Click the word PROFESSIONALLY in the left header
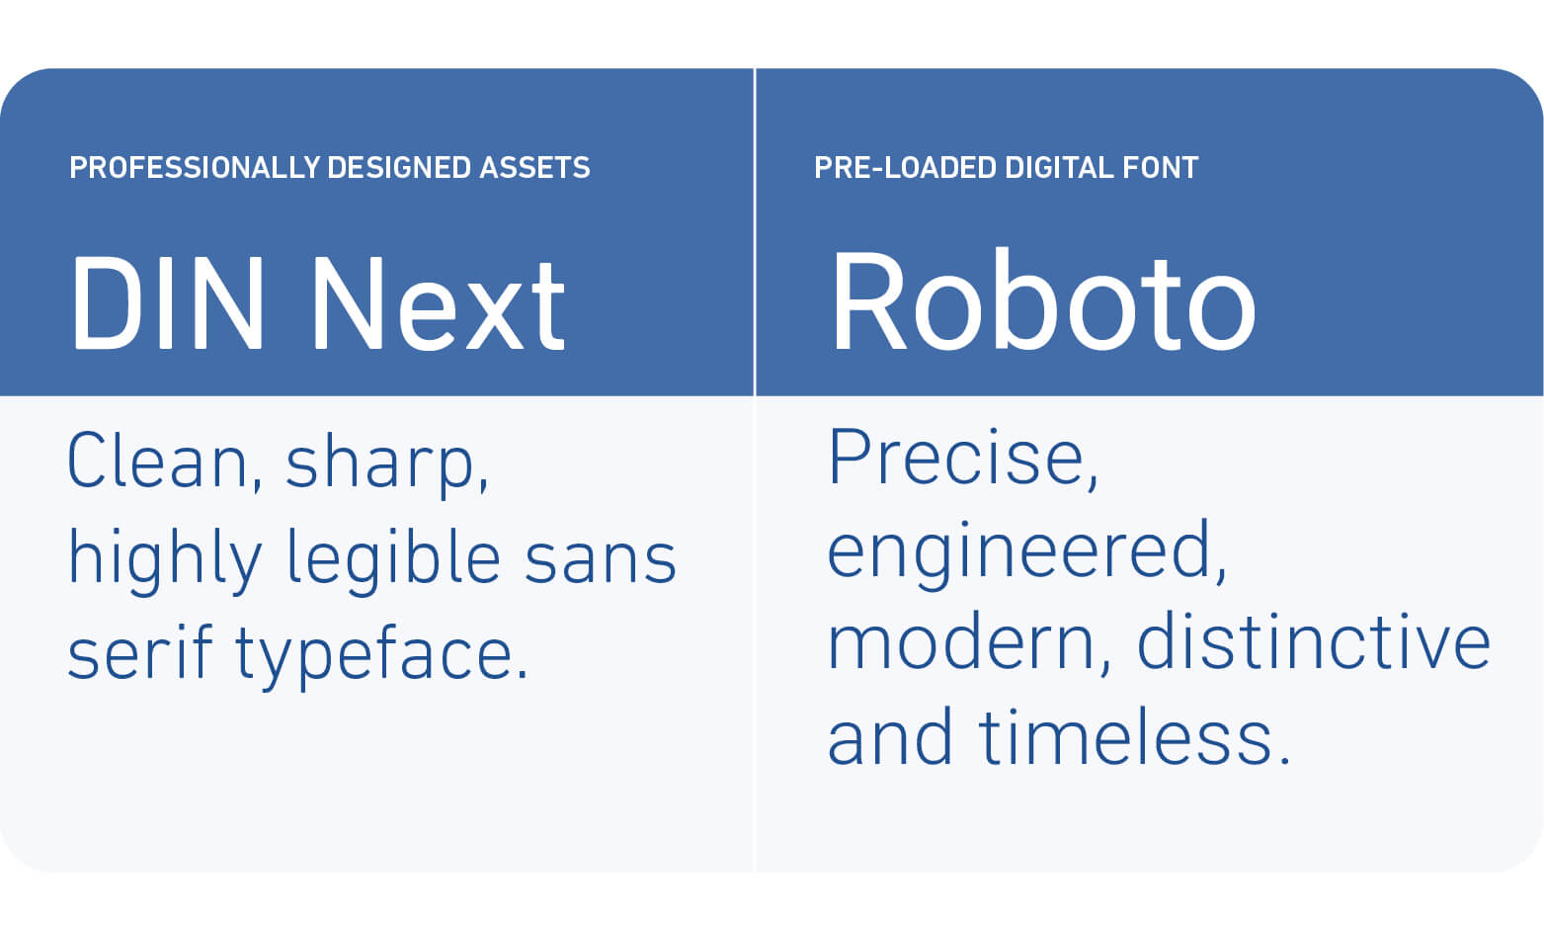195,168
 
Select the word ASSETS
534,168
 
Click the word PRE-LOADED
905,168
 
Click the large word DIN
168,303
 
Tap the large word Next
439,303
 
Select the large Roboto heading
1043,300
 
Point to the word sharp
386,465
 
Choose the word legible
393,559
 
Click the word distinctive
1314,640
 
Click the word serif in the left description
140,652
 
